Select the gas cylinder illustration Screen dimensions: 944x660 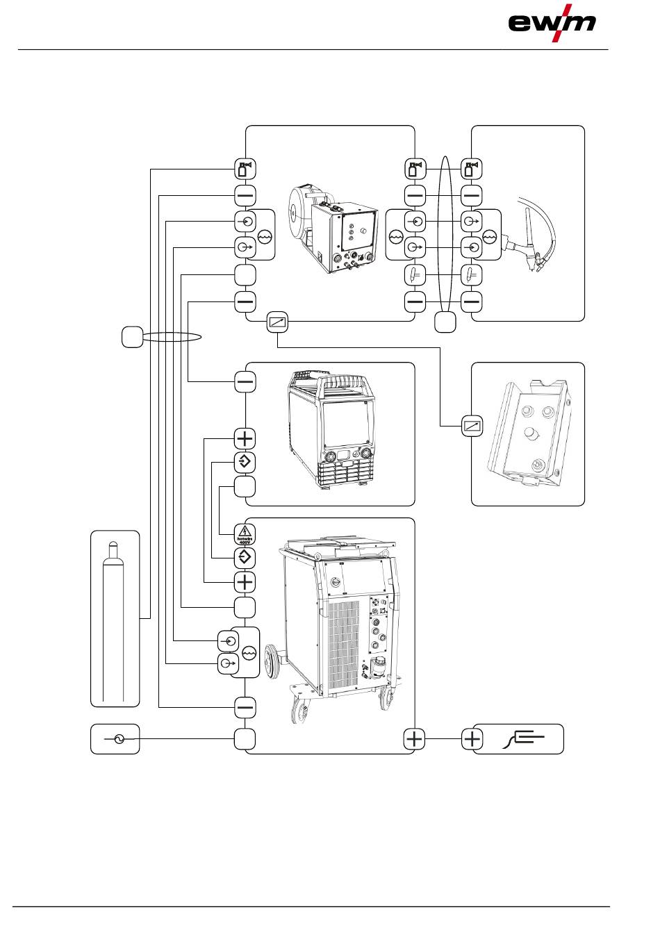(x=115, y=618)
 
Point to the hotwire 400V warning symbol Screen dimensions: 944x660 (x=245, y=533)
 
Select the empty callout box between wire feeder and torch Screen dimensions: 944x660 (x=445, y=322)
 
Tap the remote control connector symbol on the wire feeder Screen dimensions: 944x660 (x=277, y=322)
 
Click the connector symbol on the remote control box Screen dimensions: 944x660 (x=472, y=426)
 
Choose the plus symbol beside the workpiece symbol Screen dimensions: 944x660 (x=472, y=739)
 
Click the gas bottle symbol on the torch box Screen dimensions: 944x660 (x=472, y=169)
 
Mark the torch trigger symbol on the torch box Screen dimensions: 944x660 (x=472, y=275)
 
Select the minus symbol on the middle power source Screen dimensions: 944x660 (x=245, y=382)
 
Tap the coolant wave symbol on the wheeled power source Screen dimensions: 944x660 (x=249, y=653)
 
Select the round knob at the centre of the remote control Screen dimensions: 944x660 (x=531, y=434)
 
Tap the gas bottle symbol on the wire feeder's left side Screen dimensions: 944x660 (x=245, y=169)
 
